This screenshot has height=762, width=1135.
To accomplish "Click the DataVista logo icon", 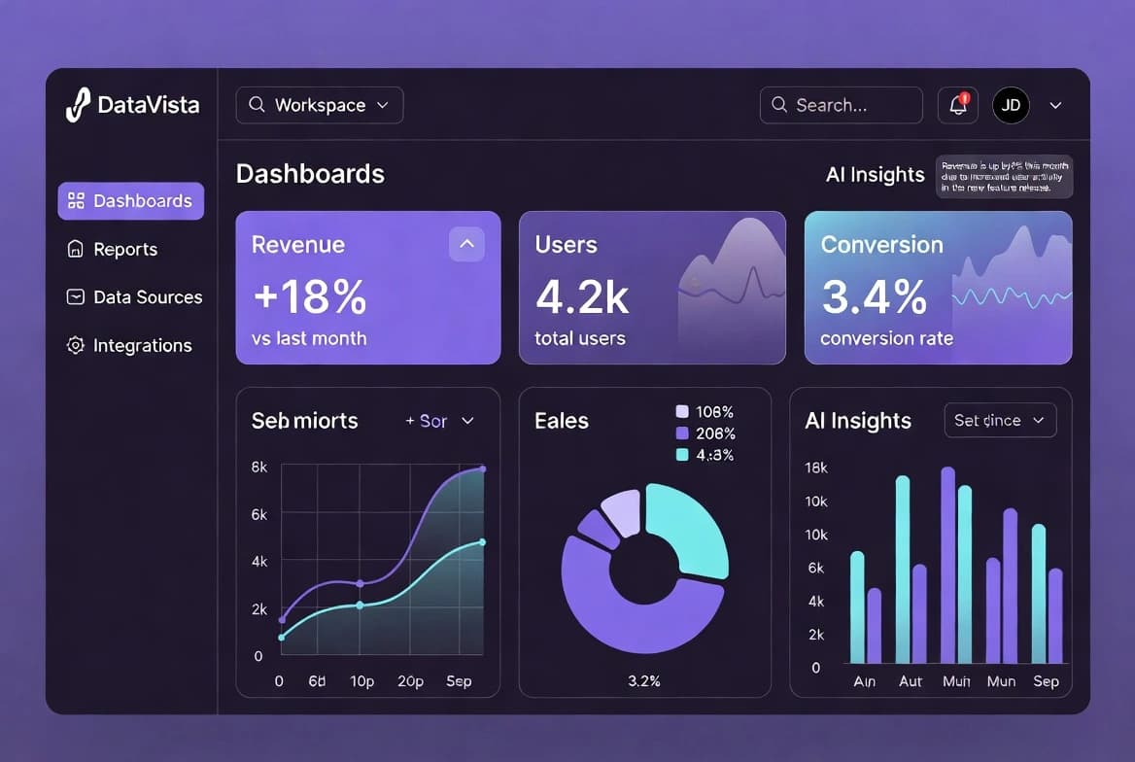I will (x=78, y=105).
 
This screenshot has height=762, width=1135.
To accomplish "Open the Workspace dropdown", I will (x=319, y=105).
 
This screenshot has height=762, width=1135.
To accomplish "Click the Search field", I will (x=841, y=105).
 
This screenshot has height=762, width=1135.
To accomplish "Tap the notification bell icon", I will (x=958, y=105).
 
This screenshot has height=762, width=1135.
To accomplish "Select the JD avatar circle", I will (x=1011, y=105).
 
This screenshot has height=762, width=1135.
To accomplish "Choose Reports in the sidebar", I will (x=124, y=250).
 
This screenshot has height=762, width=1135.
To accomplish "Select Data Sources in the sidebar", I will (x=147, y=297).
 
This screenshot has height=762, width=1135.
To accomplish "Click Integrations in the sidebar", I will (x=142, y=346).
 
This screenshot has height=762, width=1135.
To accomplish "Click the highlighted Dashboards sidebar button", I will (x=131, y=201).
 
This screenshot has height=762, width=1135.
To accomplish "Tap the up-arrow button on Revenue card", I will (x=466, y=244).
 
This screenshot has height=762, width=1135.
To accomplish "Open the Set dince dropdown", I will (x=999, y=420).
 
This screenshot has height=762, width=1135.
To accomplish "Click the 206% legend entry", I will (x=714, y=433).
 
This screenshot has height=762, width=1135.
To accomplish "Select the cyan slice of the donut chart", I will (x=692, y=530).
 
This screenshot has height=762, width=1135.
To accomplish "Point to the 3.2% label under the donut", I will (x=643, y=680).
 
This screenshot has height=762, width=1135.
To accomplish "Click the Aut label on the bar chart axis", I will (x=911, y=681).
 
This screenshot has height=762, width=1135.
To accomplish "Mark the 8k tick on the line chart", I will (x=259, y=468).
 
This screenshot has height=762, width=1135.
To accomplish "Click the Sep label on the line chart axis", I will (x=459, y=681).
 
